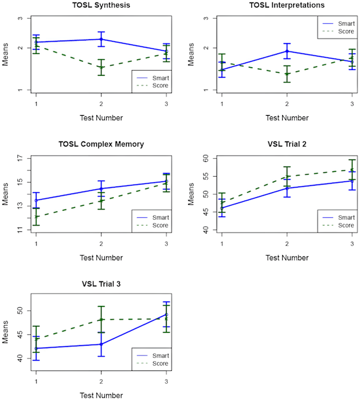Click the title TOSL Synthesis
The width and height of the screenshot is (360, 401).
pos(101,6)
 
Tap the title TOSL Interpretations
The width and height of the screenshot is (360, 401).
pos(287,6)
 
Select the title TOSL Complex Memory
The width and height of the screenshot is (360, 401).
pos(101,145)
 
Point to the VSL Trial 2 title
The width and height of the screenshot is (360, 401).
pos(287,145)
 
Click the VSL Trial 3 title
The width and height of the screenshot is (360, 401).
pos(101,284)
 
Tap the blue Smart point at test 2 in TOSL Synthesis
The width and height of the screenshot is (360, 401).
pos(101,39)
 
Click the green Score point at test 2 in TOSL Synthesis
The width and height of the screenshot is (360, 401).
pos(101,67)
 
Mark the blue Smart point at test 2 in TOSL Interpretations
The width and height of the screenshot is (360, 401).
pos(287,51)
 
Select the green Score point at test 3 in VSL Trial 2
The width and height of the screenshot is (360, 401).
pos(352,170)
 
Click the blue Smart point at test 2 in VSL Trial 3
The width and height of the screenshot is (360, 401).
pos(101,344)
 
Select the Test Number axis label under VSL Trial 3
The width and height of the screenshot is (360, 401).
pos(101,395)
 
